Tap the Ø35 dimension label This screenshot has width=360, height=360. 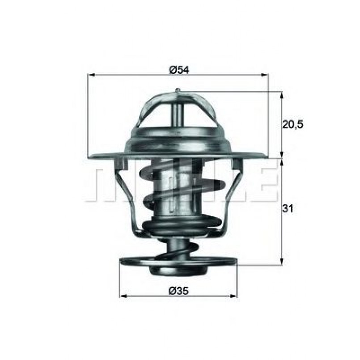coord(178,291)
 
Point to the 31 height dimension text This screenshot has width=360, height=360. coord(289,209)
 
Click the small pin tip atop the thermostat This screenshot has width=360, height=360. coord(178,91)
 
